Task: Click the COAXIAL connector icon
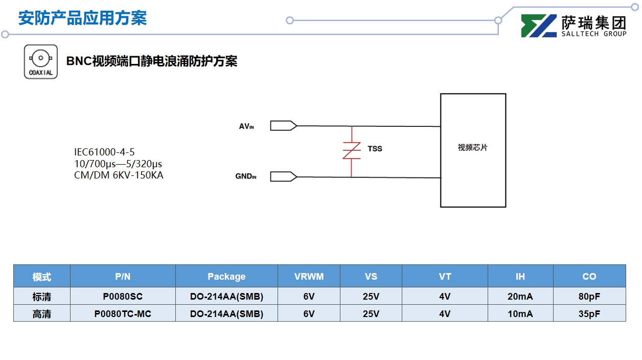[x=41, y=61]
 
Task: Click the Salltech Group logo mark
[x=539, y=26]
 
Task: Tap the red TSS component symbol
[x=352, y=151]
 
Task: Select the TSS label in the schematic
[x=375, y=149]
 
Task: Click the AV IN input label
[x=246, y=126]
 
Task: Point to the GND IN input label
[x=245, y=176]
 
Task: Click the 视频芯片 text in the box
[x=472, y=148]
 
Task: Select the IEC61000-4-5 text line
[x=104, y=152]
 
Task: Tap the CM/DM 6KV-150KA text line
[x=119, y=175]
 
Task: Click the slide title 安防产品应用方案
[x=82, y=18]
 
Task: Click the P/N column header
[x=123, y=277]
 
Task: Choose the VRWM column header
[x=309, y=277]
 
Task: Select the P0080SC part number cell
[x=123, y=297]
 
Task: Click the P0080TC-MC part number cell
[x=123, y=314]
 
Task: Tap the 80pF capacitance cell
[x=589, y=297]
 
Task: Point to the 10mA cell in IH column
[x=520, y=314]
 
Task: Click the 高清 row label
[x=42, y=314]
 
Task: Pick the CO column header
[x=589, y=277]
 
